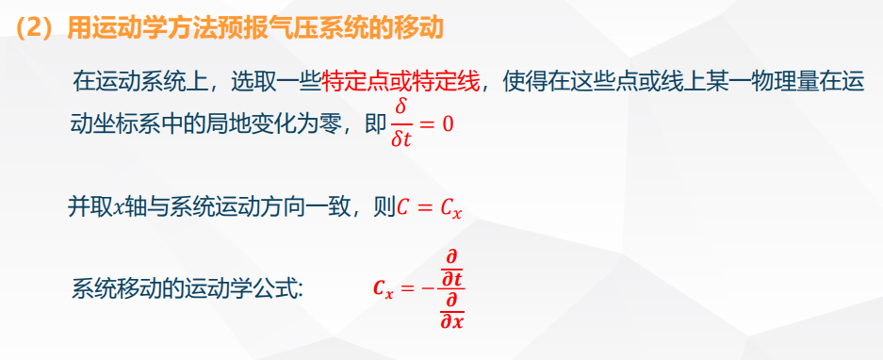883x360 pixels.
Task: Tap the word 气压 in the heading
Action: pos(303,27)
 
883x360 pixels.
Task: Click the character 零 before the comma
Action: pos(334,123)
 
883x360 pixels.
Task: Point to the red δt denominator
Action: pos(401,138)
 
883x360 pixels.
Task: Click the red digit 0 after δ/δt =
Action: pos(447,124)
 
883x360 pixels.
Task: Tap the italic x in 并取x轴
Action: pos(119,208)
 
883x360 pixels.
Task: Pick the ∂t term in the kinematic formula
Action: pos(450,280)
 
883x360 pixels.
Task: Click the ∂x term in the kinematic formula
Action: pos(451,321)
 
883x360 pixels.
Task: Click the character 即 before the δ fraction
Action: pos(375,123)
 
